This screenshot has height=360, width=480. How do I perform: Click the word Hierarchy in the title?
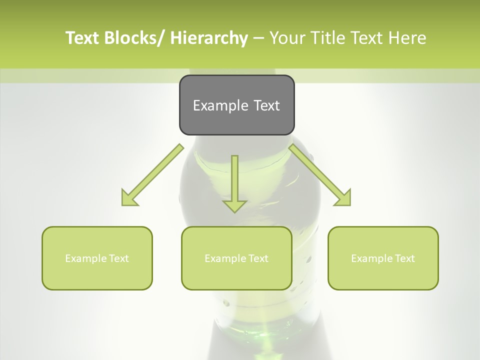click(209, 38)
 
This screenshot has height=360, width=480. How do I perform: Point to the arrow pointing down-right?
click(320, 175)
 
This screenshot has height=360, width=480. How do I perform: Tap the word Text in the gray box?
click(265, 106)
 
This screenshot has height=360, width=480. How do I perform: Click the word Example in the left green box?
click(86, 258)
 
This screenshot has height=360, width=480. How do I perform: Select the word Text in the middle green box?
click(258, 258)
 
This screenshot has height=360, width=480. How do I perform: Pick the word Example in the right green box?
click(372, 258)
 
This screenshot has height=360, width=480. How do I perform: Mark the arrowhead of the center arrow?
click(234, 205)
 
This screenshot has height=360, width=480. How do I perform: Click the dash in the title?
click(258, 38)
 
